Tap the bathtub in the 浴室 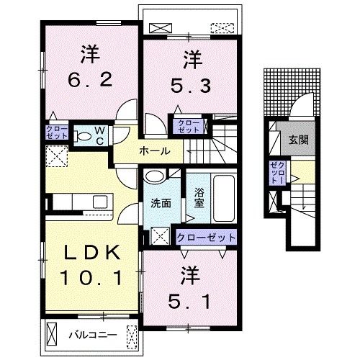coord(224,198)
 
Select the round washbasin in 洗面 coord(156,177)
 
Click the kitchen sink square coord(100,202)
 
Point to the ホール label coord(155,151)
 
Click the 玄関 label coord(298,140)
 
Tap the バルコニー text coord(93,335)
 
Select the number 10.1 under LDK coord(91,277)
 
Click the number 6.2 coord(90,80)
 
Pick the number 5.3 coord(191,86)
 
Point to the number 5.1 coord(189,302)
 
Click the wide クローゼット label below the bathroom coord(206,238)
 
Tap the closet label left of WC coord(57,132)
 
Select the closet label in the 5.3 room coord(189,127)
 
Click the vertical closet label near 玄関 coord(278,173)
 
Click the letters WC coord(100,136)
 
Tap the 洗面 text coord(161,204)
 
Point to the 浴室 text coord(199,197)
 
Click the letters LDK coord(92,252)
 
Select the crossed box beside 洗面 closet coord(160,236)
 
